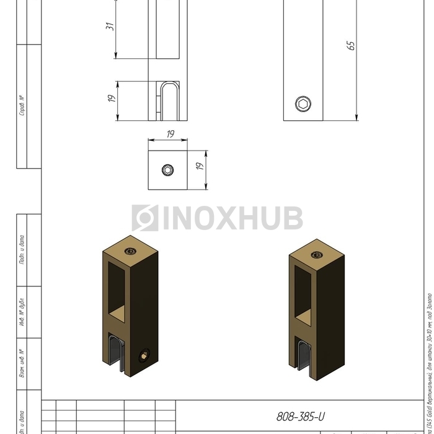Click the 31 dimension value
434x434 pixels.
coord(110,26)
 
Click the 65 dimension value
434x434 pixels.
coord(351,45)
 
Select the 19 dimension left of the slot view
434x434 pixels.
coord(110,98)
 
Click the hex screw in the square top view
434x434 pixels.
coord(168,170)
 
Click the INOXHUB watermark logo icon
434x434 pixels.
coord(144,218)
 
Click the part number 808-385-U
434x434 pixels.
coord(301,417)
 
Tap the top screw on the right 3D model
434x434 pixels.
coord(317,253)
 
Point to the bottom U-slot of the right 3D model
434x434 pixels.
coord(305,360)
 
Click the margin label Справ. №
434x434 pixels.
coord(22,106)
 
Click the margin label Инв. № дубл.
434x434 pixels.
coord(22,313)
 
